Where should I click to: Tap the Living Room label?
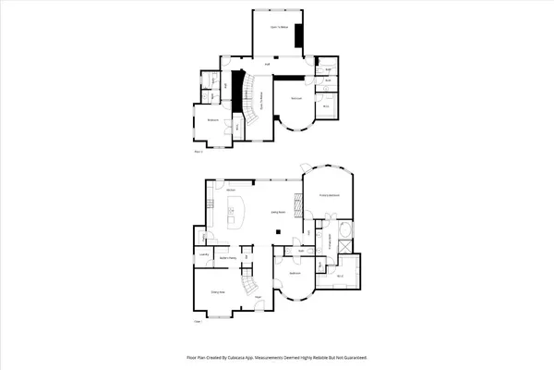click(x=276, y=212)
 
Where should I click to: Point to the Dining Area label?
click(x=218, y=292)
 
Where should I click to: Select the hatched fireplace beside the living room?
click(x=298, y=203)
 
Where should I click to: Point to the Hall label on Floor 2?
click(x=267, y=63)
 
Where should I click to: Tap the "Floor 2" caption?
click(x=198, y=151)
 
